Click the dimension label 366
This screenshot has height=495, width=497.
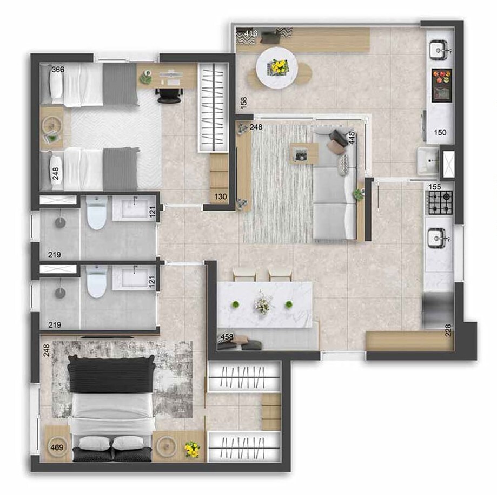57,69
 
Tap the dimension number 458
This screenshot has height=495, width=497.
227,337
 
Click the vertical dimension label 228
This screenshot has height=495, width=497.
448,330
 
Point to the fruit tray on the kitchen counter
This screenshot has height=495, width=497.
441,76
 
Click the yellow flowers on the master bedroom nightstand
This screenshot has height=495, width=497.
191,449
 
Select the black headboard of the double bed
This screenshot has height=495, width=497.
111,375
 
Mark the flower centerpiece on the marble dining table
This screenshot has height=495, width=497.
263,304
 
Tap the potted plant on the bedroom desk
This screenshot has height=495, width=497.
145,78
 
